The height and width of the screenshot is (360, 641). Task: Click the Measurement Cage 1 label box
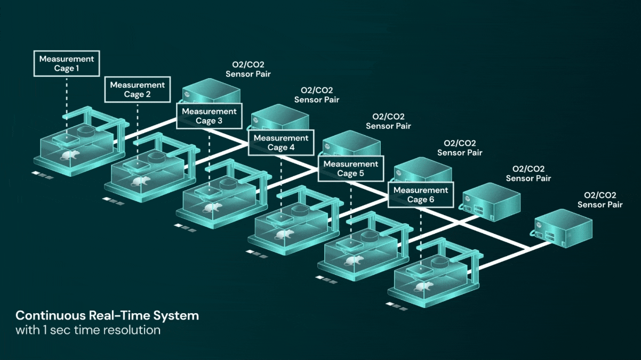[67, 63]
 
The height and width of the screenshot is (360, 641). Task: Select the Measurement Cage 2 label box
[137, 89]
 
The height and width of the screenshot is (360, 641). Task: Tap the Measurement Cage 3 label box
[209, 116]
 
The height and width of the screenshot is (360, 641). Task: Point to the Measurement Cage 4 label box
[281, 142]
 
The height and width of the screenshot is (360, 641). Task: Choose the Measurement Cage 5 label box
[351, 168]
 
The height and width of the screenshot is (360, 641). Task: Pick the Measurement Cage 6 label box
[421, 194]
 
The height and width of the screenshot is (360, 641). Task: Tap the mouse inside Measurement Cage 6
[424, 287]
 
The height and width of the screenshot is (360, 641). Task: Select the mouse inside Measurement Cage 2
[140, 182]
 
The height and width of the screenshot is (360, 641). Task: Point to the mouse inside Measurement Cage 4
[282, 234]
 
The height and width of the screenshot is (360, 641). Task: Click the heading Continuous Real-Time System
[107, 315]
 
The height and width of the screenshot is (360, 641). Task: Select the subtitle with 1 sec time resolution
[88, 330]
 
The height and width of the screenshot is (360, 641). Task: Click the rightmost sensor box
[563, 227]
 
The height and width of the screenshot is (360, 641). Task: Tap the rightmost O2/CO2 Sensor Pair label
[600, 200]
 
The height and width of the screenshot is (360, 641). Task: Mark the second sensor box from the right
[491, 200]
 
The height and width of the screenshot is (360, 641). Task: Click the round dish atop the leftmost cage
[86, 130]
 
